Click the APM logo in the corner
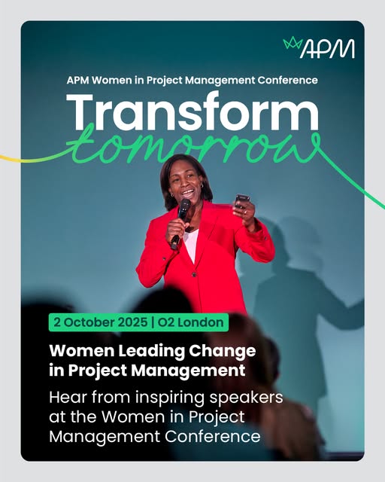(x=319, y=47)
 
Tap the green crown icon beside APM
(x=293, y=43)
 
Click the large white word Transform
(x=192, y=111)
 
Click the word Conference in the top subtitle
(x=287, y=81)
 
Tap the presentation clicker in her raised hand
(x=241, y=201)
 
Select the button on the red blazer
(x=194, y=274)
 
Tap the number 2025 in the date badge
(x=133, y=322)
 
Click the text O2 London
(x=190, y=322)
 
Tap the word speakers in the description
(x=246, y=398)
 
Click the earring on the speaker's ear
(x=173, y=195)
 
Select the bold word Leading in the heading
(x=153, y=351)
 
